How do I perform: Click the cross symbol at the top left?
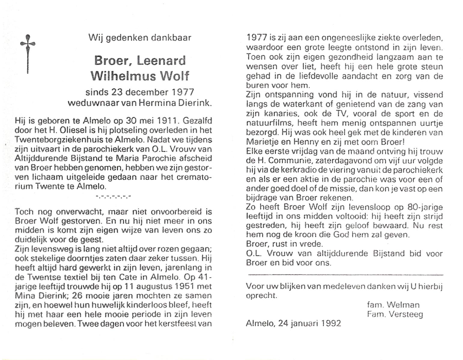pyautogui.click(x=28, y=54)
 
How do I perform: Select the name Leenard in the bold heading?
pyautogui.click(x=161, y=61)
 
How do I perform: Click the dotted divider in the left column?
pyautogui.click(x=113, y=197)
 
